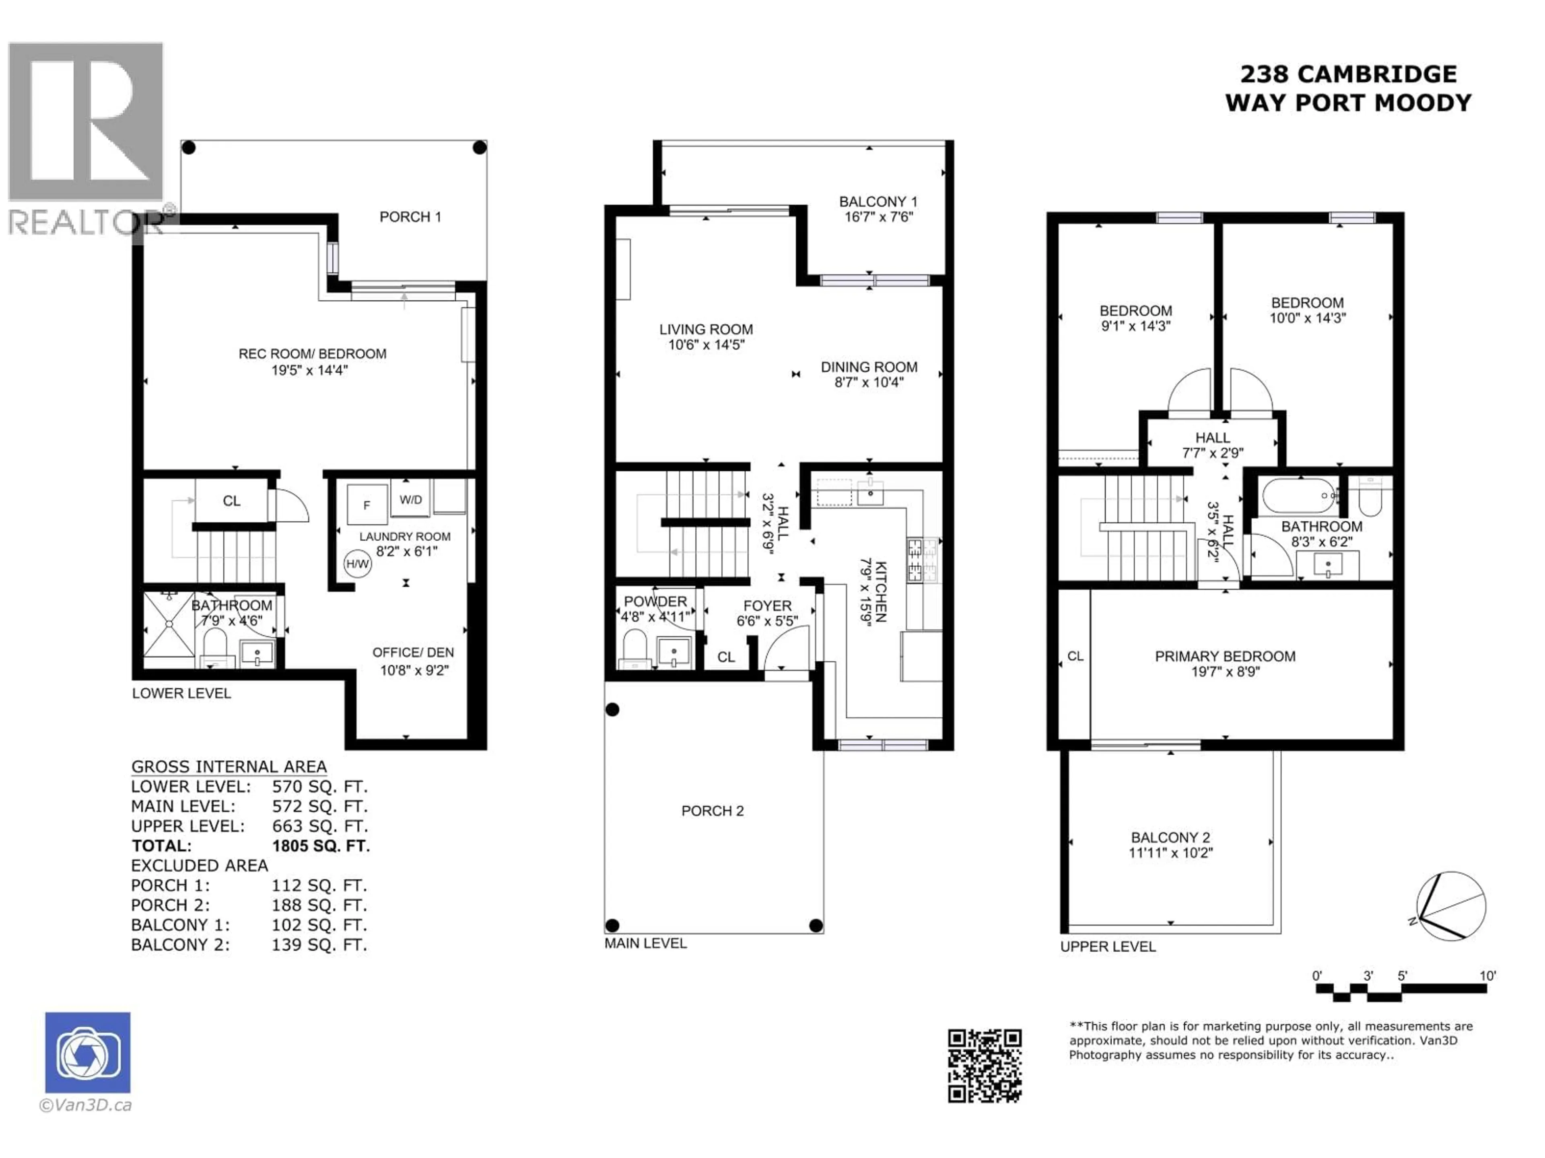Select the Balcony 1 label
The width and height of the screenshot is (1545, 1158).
tap(878, 202)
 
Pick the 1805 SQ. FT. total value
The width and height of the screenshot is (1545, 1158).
tap(321, 846)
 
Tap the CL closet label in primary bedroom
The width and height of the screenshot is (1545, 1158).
tap(1075, 656)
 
